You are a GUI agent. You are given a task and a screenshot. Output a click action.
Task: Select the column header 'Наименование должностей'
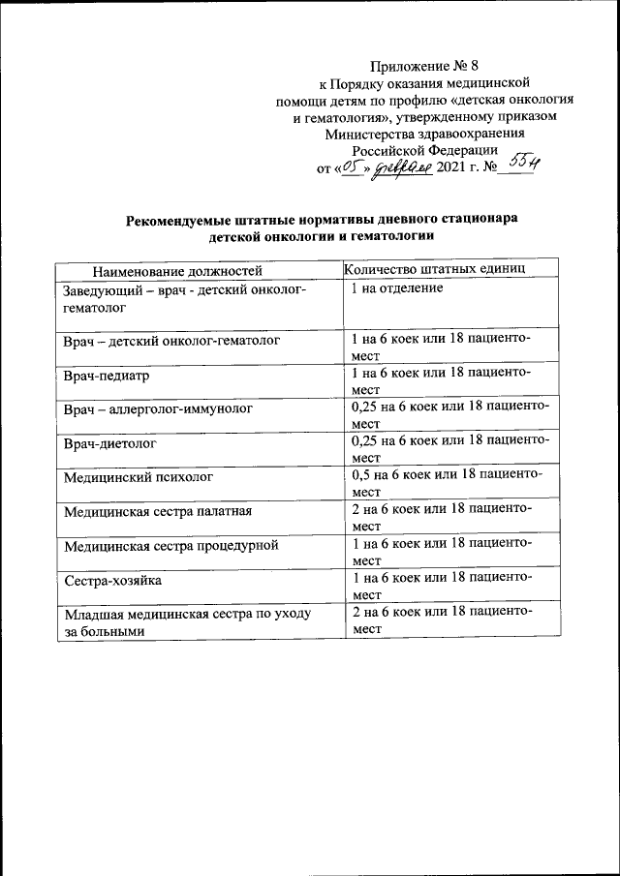177,270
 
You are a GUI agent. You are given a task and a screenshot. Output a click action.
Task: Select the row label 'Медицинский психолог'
135,478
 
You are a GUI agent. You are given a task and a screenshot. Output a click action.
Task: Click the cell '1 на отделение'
397,288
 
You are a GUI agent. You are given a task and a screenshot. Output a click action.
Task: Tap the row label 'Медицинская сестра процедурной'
171,546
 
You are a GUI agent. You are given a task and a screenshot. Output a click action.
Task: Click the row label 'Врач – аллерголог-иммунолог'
158,409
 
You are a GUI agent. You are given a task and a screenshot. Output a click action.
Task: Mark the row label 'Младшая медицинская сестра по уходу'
185,616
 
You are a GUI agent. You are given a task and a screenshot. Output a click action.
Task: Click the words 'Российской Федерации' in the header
425,150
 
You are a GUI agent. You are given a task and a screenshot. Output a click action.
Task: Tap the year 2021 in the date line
451,167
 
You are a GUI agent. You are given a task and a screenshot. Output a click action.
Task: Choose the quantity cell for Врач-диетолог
450,448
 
